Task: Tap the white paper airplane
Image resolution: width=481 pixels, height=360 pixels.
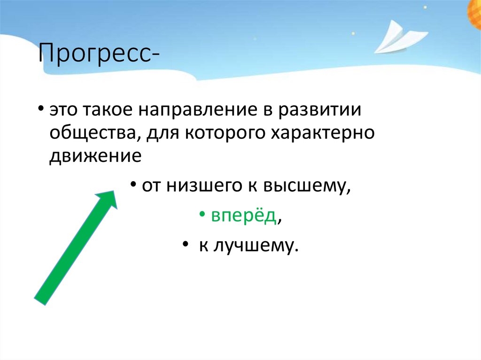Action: (400, 38)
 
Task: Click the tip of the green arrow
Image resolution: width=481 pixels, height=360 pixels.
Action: (114, 191)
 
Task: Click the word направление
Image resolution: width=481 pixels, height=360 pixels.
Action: (198, 109)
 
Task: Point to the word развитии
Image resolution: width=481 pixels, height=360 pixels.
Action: (319, 109)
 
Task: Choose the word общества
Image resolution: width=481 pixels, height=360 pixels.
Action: (93, 133)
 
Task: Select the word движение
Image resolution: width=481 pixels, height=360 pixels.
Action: (95, 156)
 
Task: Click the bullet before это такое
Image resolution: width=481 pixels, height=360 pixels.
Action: (41, 109)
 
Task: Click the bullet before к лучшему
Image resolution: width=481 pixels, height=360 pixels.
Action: (185, 245)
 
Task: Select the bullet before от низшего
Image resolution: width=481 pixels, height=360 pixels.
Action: (133, 185)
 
